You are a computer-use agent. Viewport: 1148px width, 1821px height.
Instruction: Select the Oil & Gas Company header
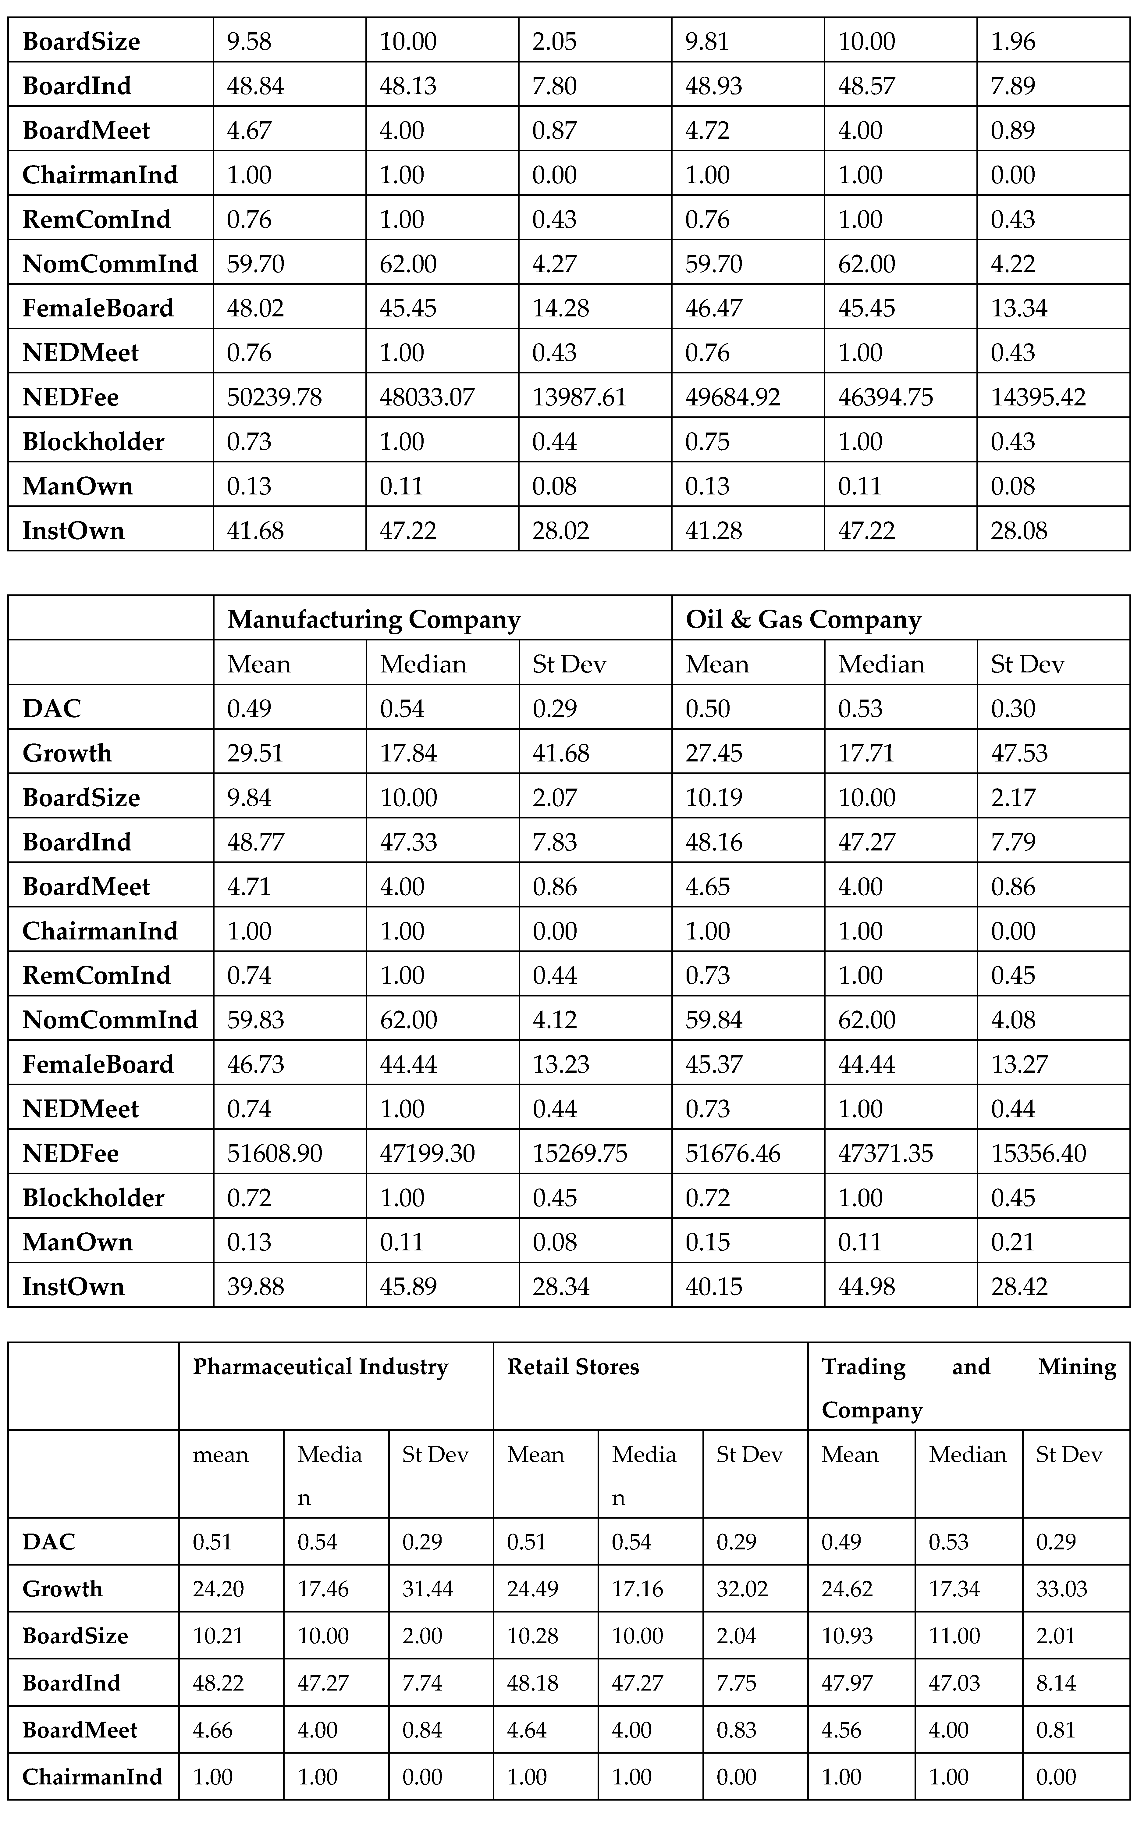pos(803,619)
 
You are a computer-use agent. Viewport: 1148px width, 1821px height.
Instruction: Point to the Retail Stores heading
pos(573,1367)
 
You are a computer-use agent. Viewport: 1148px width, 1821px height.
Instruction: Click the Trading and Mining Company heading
pos(968,1388)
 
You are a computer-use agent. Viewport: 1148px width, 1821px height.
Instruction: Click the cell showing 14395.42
pos(1038,397)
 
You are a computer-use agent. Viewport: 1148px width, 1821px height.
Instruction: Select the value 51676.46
pos(732,1153)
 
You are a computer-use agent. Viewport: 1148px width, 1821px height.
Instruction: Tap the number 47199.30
pos(427,1153)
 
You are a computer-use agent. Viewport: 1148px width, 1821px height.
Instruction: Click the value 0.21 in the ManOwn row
pos(1012,1242)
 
